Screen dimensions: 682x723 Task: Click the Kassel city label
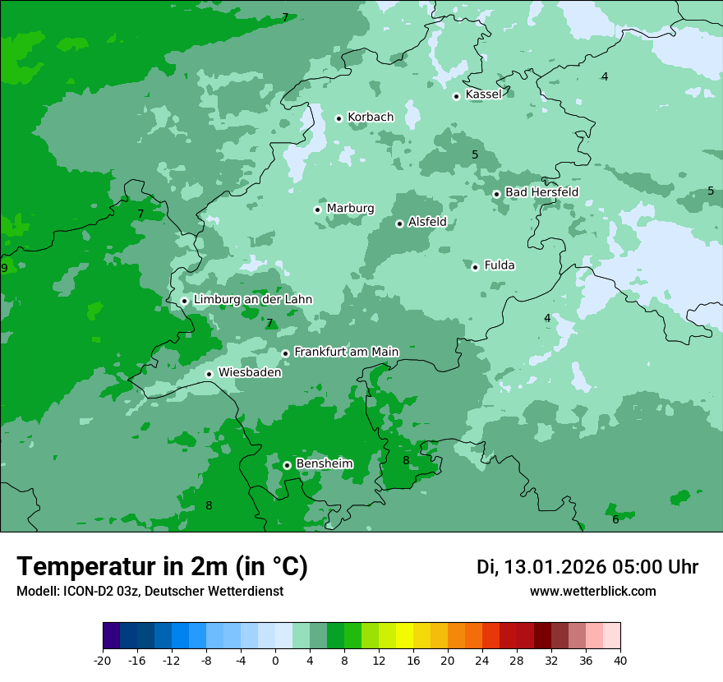pos(483,94)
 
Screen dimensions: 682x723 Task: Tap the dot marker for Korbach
pos(338,118)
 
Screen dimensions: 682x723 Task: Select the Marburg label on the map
pos(350,209)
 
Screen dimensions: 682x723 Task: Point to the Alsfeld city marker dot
pos(399,223)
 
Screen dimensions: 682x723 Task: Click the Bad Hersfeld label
pos(541,192)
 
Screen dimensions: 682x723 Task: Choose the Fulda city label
pos(500,265)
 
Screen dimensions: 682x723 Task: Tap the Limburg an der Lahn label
pos(252,300)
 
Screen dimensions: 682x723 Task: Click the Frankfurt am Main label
pos(346,352)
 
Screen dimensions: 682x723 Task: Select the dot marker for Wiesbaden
pos(210,374)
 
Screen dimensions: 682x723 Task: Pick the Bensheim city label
pos(324,463)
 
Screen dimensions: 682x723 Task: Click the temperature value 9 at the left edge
pos(4,268)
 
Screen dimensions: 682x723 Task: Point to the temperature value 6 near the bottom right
pos(615,519)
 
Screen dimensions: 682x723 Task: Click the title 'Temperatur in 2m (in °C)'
pos(162,566)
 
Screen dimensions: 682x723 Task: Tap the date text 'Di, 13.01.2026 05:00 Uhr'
pos(587,567)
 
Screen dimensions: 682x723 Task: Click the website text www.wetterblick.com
pos(592,591)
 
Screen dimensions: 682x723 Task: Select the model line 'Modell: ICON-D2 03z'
pos(150,591)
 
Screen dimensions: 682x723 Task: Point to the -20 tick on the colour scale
pos(103,661)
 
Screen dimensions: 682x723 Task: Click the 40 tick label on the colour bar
pos(620,661)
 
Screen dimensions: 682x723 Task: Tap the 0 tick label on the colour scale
pos(275,661)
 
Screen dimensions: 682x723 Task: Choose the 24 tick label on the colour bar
pos(482,661)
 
